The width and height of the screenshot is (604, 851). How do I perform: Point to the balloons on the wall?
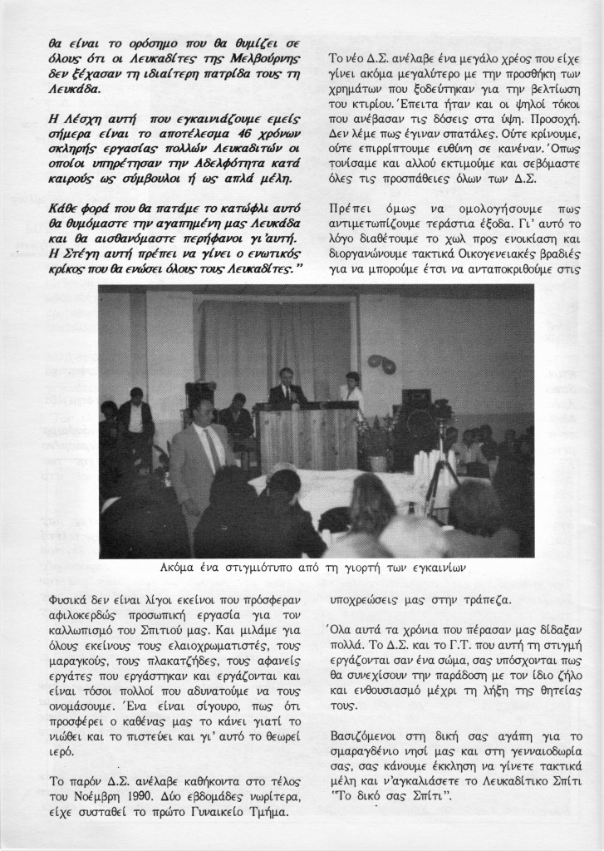pos(381,364)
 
